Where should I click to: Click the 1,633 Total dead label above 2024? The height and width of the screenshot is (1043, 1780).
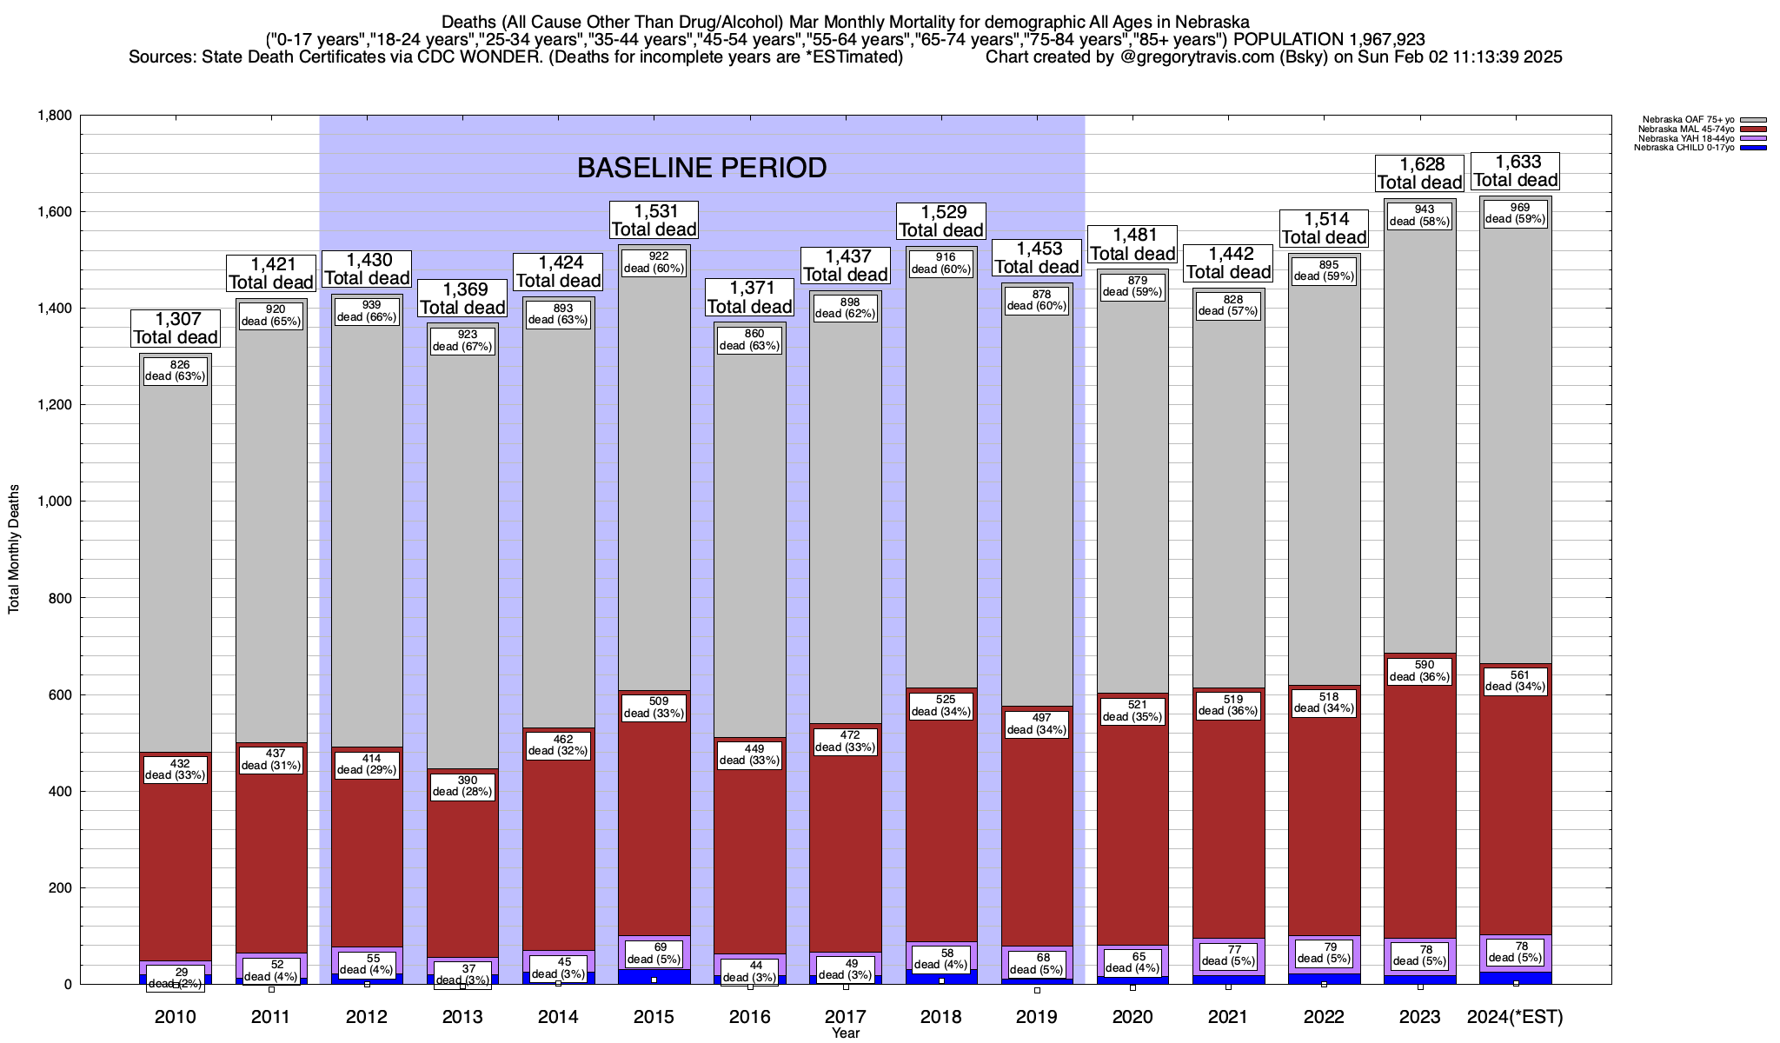[x=1516, y=171]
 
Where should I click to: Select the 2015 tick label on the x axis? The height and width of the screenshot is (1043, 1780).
[x=654, y=1017]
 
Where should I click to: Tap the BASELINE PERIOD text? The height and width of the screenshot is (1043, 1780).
[x=701, y=168]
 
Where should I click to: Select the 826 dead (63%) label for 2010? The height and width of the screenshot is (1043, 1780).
[x=176, y=370]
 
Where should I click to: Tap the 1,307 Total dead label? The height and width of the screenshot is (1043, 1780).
[x=176, y=328]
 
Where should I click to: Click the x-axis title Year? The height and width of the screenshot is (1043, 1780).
[x=845, y=1033]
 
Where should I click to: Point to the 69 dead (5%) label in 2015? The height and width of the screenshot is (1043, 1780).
[x=654, y=953]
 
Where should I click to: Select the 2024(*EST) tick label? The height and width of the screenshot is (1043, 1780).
[x=1515, y=1017]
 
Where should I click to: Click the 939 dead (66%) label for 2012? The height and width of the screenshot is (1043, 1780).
[x=367, y=311]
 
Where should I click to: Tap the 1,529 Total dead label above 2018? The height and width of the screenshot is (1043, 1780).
[x=941, y=221]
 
